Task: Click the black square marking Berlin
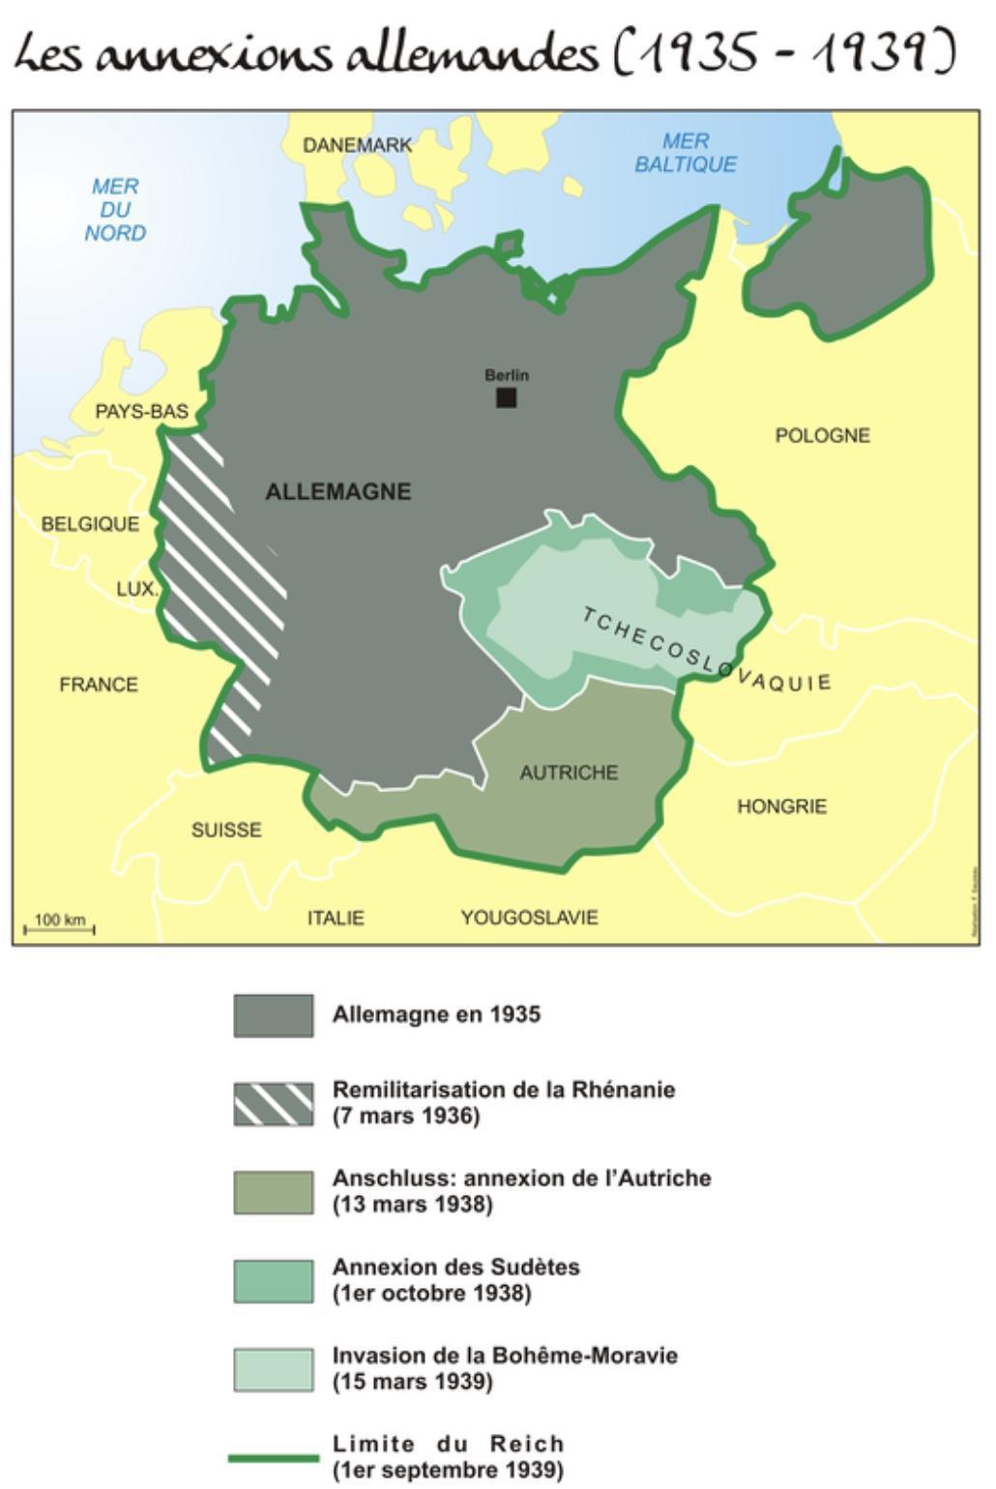click(x=506, y=397)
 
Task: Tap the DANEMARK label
click(x=357, y=146)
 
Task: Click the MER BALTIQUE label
click(x=685, y=153)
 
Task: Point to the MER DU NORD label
click(x=115, y=210)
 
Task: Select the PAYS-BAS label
click(x=141, y=412)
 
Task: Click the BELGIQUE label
click(x=90, y=524)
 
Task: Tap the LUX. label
click(x=136, y=589)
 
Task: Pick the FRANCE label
click(x=99, y=685)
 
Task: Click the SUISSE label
click(x=226, y=830)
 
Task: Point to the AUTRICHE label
click(x=569, y=773)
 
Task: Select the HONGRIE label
click(x=781, y=805)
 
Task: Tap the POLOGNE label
click(x=822, y=435)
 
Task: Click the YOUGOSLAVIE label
click(x=529, y=917)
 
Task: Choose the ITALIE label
click(x=336, y=918)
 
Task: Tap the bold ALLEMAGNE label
click(x=337, y=491)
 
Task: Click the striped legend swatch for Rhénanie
click(x=273, y=1103)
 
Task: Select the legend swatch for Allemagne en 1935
click(x=273, y=1015)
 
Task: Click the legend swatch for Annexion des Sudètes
click(x=273, y=1280)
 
